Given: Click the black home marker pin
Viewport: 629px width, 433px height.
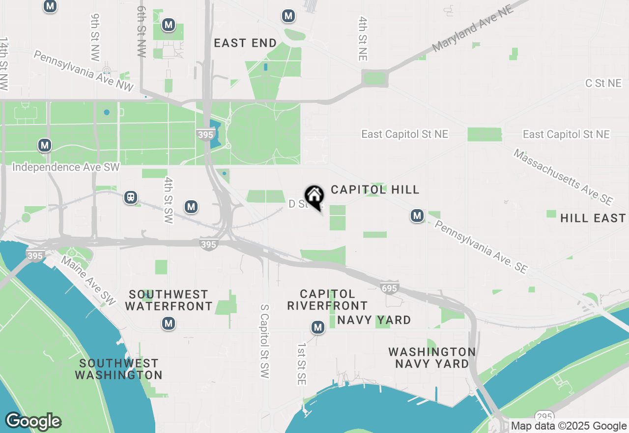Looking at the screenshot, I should click(x=314, y=197).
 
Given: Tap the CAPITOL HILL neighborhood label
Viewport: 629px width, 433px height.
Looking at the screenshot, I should click(x=375, y=189).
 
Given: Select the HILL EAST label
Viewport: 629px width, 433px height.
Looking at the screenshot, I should click(x=593, y=218).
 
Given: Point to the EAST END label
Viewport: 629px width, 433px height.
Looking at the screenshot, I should click(x=246, y=43).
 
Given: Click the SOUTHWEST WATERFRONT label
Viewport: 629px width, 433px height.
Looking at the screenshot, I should click(x=169, y=300).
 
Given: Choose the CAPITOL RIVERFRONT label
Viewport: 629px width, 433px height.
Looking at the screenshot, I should click(x=327, y=300).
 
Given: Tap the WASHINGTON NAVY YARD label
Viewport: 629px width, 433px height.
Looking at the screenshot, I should click(x=432, y=358).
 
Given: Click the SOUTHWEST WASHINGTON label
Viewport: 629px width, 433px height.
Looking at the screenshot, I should click(x=118, y=369).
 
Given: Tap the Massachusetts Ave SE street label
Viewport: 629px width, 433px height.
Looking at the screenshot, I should click(x=563, y=177).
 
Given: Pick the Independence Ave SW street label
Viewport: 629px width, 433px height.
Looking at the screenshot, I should click(x=66, y=167).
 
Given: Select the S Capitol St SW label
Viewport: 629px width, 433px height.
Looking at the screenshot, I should click(x=265, y=341).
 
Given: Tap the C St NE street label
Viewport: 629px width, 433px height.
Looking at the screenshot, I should click(x=603, y=83).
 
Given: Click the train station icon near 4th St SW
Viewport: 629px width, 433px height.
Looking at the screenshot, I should click(x=131, y=197).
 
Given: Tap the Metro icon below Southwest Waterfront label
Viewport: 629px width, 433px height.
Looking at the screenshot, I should click(x=169, y=323).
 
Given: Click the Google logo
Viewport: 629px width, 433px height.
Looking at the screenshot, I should click(x=33, y=422).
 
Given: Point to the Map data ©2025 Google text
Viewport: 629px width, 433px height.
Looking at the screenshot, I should click(x=569, y=426).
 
